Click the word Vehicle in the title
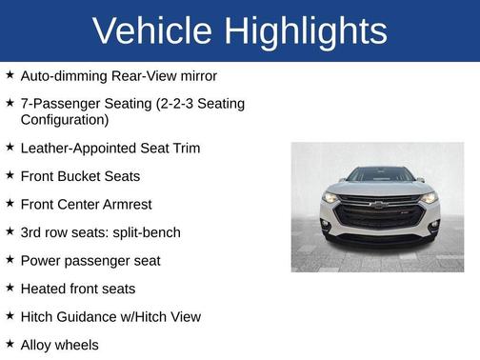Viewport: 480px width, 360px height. point(153,31)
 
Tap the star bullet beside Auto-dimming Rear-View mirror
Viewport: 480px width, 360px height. point(10,74)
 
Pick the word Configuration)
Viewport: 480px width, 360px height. point(65,120)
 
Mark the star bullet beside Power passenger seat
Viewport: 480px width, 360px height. point(10,260)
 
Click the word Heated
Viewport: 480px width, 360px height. point(44,289)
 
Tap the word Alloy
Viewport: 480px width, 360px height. point(39,345)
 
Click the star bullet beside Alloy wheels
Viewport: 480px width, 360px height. point(10,344)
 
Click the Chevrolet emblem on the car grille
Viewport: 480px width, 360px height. point(378,204)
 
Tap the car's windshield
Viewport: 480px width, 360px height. point(378,175)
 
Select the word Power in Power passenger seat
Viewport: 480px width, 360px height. point(42,260)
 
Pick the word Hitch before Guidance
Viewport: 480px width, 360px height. point(39,316)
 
